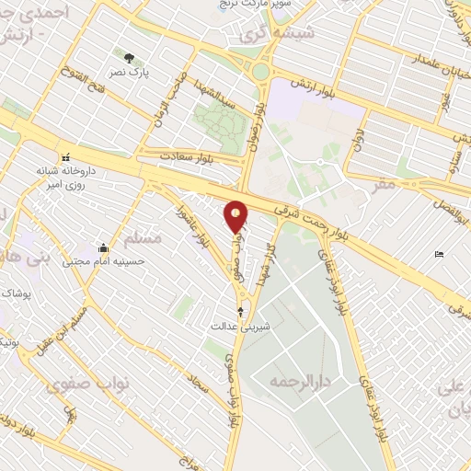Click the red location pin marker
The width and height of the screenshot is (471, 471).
236,216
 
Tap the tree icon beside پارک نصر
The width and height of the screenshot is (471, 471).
129,57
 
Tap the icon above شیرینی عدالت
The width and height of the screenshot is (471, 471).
241,312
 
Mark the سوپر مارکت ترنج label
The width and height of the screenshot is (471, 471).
241,4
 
